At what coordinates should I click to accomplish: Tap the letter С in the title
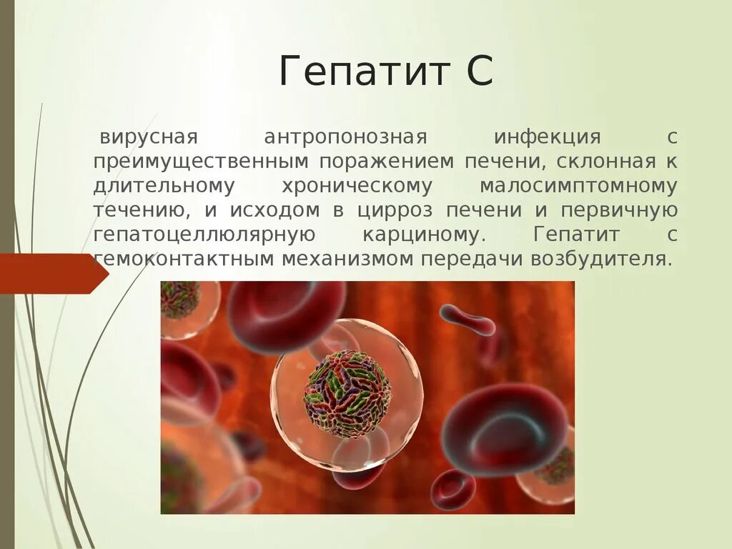pos(478,72)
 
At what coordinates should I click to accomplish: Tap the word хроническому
pos(357,186)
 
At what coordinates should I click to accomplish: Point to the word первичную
pos(619,211)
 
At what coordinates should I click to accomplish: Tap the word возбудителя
pos(600,259)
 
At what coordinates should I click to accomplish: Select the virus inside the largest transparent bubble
pos(347,394)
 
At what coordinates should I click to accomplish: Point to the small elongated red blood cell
pos(468,320)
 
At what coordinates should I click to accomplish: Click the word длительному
pos(164,186)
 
